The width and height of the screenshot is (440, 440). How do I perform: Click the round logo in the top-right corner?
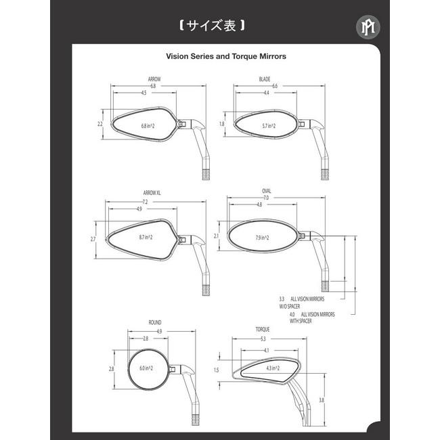pos(368,27)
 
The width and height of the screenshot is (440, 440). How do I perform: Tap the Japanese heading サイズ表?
pos(211,26)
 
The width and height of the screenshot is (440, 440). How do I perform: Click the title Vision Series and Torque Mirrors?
pos(226,56)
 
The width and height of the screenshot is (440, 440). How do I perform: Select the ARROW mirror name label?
pos(154,79)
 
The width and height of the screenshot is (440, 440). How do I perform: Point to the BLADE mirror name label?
pos(264,79)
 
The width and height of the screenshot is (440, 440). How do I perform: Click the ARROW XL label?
pos(152,193)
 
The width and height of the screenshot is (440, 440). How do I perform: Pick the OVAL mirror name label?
pos(266,191)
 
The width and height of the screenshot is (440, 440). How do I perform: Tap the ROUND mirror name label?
pos(155,323)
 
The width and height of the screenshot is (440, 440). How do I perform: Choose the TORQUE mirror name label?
pos(263,330)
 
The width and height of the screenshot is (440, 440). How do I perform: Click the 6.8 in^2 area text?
pos(148,126)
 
